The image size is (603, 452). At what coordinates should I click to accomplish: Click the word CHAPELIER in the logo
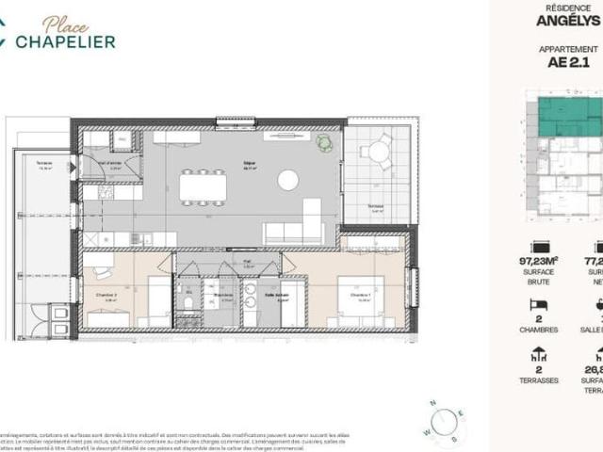click(71, 40)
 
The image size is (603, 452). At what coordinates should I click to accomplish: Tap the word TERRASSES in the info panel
click(539, 380)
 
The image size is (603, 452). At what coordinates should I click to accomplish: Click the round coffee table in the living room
click(287, 180)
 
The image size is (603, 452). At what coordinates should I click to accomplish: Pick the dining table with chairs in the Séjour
click(203, 186)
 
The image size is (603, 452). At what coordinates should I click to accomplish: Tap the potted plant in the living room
click(324, 143)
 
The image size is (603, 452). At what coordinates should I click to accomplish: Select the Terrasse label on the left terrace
click(44, 163)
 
